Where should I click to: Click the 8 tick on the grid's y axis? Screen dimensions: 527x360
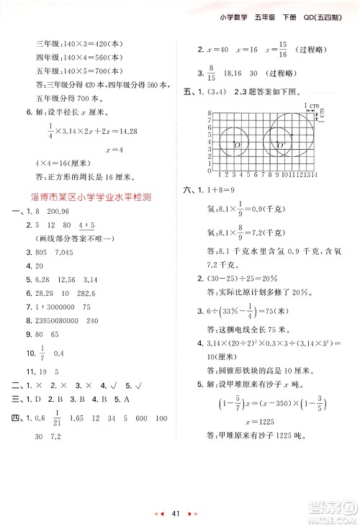click(x=208, y=114)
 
